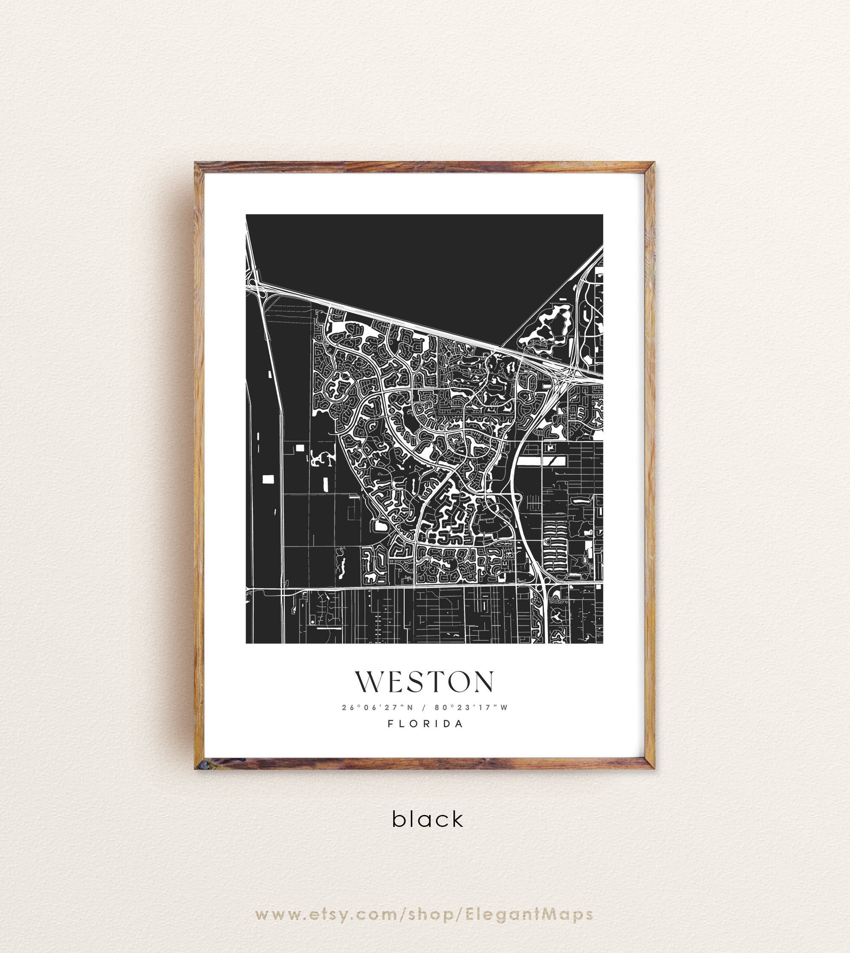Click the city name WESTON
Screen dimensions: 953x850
pyautogui.click(x=424, y=683)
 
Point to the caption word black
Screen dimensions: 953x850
pyautogui.click(x=428, y=820)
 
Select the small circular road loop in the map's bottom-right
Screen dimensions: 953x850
pyautogui.click(x=558, y=617)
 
